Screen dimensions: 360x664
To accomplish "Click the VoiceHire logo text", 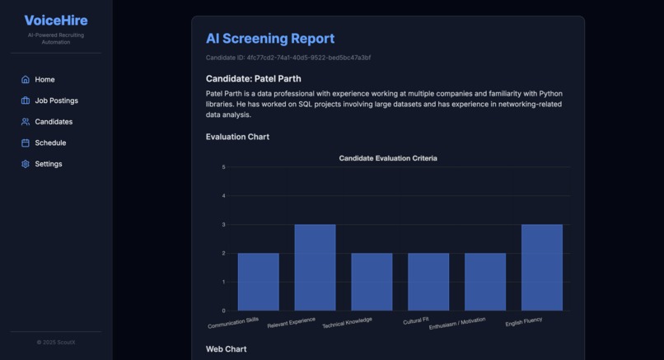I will click(56, 21).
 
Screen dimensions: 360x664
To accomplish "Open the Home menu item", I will click(44, 80).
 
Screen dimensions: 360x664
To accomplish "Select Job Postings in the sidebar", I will click(56, 101).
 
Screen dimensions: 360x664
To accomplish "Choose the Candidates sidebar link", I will click(54, 122).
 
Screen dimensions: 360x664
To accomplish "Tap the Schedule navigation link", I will click(50, 143).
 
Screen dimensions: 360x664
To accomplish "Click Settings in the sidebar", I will click(48, 164).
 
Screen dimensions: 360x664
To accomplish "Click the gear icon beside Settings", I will click(26, 164).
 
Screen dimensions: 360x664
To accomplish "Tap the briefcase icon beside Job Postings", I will click(26, 101).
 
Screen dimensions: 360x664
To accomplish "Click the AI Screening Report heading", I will click(270, 39).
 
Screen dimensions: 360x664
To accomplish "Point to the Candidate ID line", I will click(288, 58).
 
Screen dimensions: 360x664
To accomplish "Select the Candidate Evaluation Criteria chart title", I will click(388, 158).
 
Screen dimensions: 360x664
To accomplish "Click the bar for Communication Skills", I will click(258, 282).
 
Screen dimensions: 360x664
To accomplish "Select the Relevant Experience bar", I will click(315, 268).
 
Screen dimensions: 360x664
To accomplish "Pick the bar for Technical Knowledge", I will click(372, 282).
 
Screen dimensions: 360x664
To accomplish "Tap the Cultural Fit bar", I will click(428, 282).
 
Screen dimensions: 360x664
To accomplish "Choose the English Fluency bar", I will click(541, 268).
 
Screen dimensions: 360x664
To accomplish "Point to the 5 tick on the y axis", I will click(223, 167).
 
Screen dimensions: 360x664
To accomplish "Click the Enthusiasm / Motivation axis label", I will click(458, 322).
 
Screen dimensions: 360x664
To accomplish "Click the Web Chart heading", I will click(226, 349).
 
